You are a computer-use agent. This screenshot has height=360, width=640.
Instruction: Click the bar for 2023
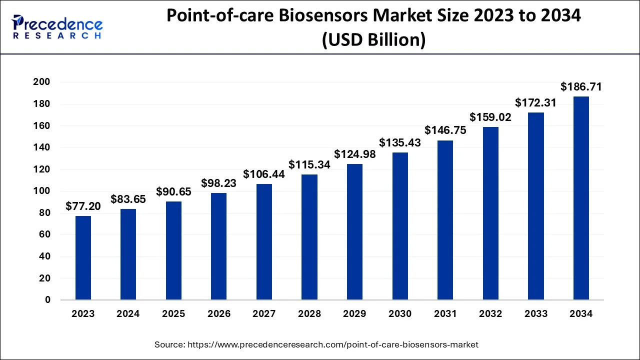pyautogui.click(x=83, y=258)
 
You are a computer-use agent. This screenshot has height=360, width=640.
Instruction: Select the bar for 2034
pyautogui.click(x=581, y=198)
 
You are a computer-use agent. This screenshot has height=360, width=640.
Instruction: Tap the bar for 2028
pyautogui.click(x=309, y=237)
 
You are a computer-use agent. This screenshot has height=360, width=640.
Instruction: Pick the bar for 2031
pyautogui.click(x=445, y=220)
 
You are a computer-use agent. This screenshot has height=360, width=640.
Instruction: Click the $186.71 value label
pyautogui.click(x=581, y=87)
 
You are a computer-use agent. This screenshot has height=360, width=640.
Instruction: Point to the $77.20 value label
pyautogui.click(x=83, y=206)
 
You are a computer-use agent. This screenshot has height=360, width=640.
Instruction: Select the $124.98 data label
pyautogui.click(x=354, y=154)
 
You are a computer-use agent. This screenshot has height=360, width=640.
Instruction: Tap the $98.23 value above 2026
pyautogui.click(x=219, y=183)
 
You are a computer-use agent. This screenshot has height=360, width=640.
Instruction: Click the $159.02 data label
pyautogui.click(x=490, y=117)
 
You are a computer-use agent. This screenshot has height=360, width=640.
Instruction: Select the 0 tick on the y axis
pyautogui.click(x=47, y=300)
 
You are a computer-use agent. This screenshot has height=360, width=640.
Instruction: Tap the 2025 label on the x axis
pyautogui.click(x=173, y=314)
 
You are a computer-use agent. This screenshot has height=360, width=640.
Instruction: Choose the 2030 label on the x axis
pyautogui.click(x=400, y=314)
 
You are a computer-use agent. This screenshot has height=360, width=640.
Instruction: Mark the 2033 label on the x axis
pyautogui.click(x=535, y=314)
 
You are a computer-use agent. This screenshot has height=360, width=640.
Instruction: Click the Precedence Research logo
pyautogui.click(x=57, y=27)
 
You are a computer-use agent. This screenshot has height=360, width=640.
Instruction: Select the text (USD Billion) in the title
pyautogui.click(x=373, y=39)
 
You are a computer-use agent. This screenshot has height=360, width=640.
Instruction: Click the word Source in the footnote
pyautogui.click(x=169, y=344)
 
